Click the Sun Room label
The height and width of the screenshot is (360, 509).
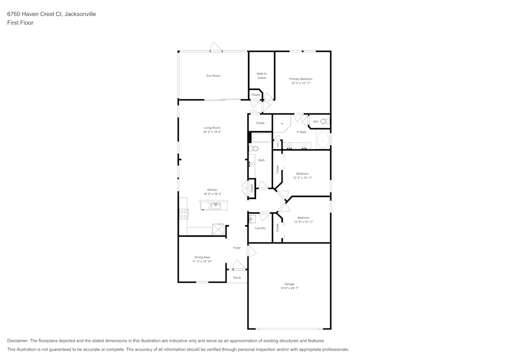point(213,76)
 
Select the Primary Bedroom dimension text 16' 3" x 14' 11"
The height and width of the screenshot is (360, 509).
point(301,83)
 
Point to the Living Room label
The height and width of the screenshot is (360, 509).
point(212,128)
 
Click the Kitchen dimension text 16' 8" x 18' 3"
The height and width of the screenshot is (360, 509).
point(212,194)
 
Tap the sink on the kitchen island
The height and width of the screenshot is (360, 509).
point(215,206)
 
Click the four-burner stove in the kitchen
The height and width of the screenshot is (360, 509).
point(183,214)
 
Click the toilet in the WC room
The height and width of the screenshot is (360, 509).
point(326,122)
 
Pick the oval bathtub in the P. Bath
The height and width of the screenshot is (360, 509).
point(323,140)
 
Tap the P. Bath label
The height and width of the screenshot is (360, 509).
point(301,132)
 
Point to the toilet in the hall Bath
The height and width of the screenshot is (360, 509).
point(253,149)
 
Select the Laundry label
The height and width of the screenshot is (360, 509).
point(260,228)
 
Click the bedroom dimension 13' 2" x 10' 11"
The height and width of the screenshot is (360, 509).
point(303,178)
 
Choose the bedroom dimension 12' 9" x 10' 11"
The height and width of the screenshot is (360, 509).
point(303,222)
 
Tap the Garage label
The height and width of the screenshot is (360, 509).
point(289,284)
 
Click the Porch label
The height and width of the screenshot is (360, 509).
point(237,278)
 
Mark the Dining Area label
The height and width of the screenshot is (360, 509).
point(202,257)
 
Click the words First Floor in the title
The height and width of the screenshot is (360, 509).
point(20,23)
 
